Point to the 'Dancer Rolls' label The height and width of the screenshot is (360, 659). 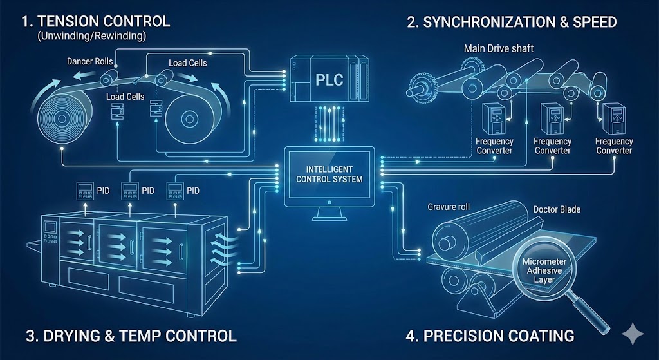[90, 62]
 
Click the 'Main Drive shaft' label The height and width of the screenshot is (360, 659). [498, 48]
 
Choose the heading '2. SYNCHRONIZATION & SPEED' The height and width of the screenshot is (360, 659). [512, 22]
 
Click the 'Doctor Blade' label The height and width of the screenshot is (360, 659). [557, 210]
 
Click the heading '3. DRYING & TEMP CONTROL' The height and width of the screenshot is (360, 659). [131, 336]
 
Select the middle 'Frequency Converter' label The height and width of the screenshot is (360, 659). [553, 146]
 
